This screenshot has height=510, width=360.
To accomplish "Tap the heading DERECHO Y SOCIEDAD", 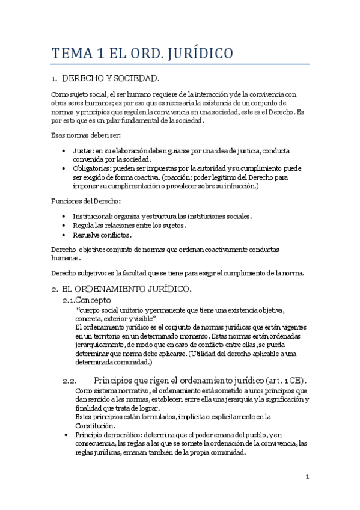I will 111,78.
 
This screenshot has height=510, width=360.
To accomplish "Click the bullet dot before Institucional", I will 65,216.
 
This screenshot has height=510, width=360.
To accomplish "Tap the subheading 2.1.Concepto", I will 87,300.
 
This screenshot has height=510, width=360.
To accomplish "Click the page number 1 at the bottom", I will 307,477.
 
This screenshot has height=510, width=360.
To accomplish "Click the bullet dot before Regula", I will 65,226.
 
